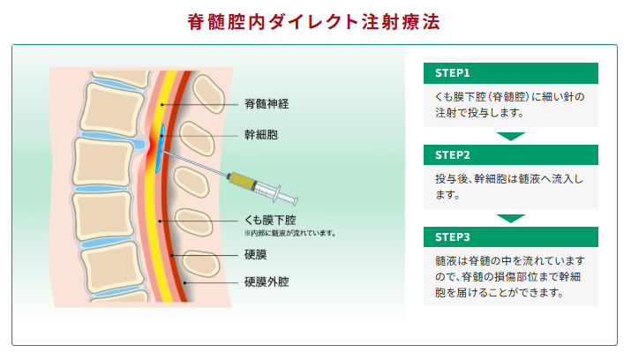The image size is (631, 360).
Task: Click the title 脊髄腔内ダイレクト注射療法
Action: (x=314, y=20)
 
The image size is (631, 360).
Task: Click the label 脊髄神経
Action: (x=267, y=103)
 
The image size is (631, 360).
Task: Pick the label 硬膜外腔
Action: (x=267, y=282)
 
